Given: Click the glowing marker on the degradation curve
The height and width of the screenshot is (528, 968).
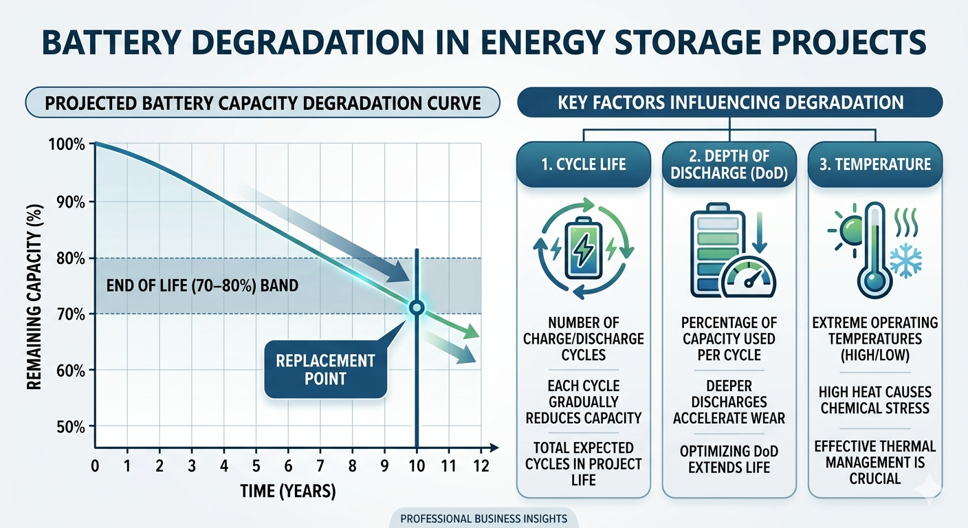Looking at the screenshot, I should pos(416,307).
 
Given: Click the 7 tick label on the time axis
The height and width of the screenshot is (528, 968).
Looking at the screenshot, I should pos(320,465).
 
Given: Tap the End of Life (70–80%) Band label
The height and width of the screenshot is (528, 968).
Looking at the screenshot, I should pos(202,285).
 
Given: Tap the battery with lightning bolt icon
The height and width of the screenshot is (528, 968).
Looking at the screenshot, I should pos(583,249).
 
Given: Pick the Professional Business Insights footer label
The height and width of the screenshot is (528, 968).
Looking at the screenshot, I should pos(483,518).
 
